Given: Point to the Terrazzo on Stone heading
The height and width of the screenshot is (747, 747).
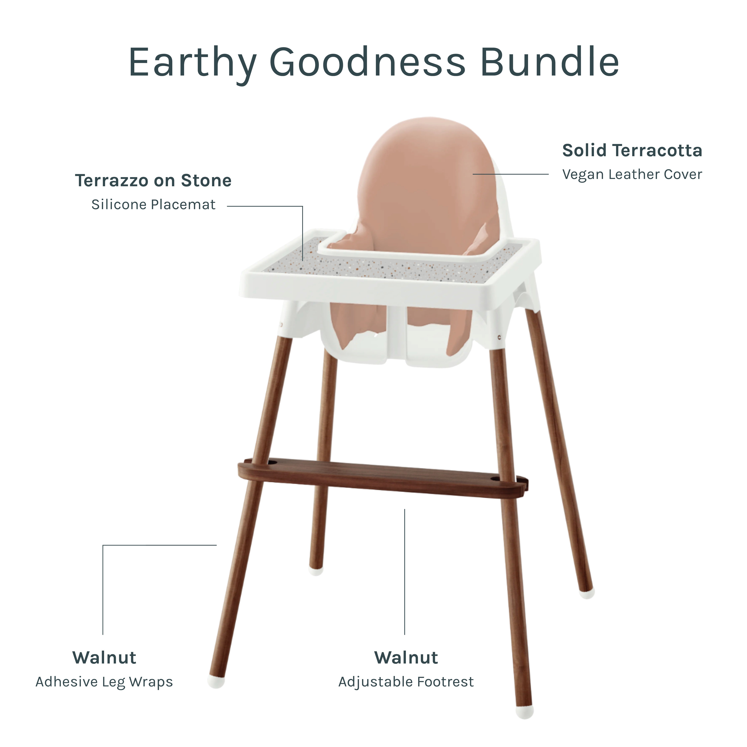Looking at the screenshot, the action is click(x=153, y=181).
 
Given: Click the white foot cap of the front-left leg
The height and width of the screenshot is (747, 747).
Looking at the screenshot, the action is click(x=216, y=682).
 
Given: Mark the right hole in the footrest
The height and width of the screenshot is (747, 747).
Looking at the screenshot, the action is click(x=495, y=479).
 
